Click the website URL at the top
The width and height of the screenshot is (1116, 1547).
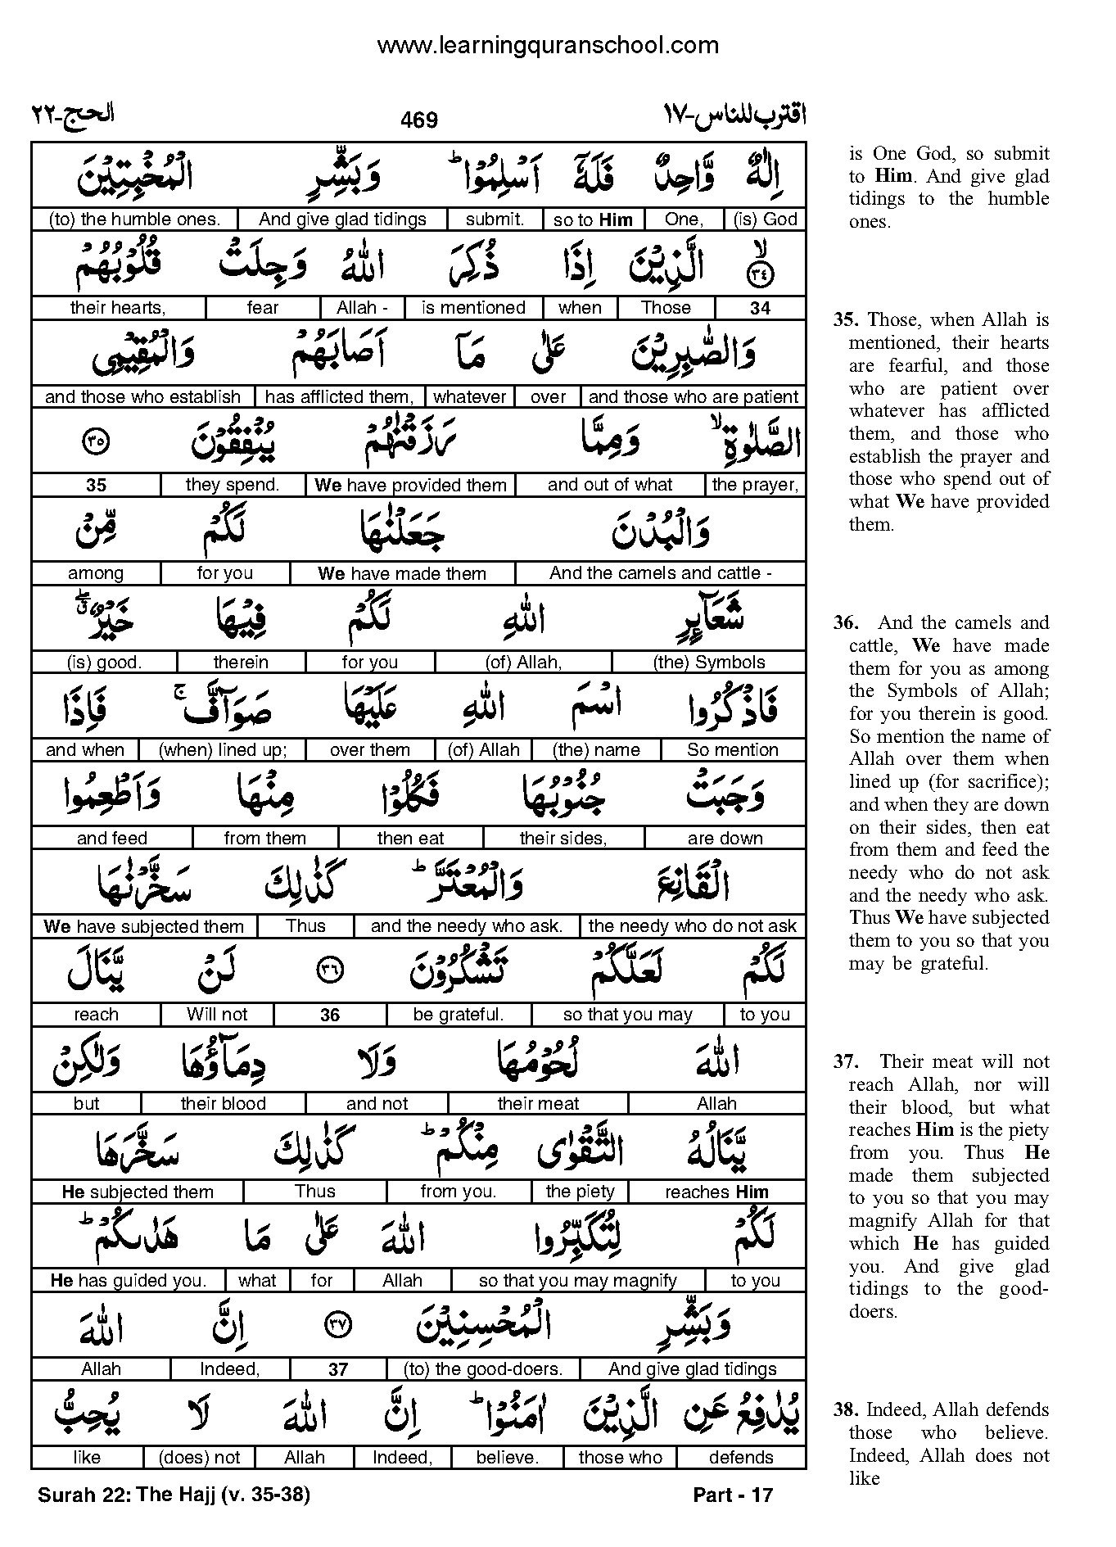[547, 46]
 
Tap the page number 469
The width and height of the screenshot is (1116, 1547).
[419, 120]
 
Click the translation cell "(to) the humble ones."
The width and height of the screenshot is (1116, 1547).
[135, 219]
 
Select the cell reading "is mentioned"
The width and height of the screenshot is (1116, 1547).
[473, 308]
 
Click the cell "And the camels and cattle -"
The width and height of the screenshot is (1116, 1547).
[661, 573]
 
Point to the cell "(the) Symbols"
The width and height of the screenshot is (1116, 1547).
[709, 662]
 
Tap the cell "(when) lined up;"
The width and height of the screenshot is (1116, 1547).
[222, 750]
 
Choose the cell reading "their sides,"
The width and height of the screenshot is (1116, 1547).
[563, 839]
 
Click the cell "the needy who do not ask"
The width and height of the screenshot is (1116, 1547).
[692, 926]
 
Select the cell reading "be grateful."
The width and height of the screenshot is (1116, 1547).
[459, 1015]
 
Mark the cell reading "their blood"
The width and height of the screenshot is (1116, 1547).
[223, 1103]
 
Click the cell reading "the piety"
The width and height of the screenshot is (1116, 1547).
[580, 1192]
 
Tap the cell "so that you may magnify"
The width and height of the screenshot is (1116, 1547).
[578, 1280]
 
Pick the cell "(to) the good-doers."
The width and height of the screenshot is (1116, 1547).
[483, 1368]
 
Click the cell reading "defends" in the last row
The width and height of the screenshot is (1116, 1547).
[741, 1457]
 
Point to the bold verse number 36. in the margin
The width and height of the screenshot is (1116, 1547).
[846, 623]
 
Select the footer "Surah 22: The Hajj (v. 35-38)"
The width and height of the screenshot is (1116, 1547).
[174, 1495]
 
